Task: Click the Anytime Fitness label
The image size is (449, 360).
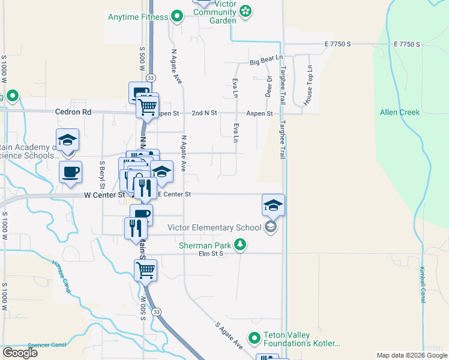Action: [x=137, y=16]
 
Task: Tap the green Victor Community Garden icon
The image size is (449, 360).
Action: [x=247, y=10]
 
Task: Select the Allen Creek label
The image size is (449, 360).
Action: [x=399, y=112]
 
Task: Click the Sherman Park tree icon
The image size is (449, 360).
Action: [x=240, y=244]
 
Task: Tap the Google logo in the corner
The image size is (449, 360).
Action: [x=20, y=353]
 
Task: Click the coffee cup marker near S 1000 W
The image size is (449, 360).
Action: [x=70, y=172]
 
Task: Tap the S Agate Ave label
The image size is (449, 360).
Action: [x=229, y=337]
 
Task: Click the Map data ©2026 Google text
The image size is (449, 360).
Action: [x=411, y=355]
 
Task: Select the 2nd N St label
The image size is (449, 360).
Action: [x=204, y=113]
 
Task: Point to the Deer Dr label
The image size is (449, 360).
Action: [x=269, y=88]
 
